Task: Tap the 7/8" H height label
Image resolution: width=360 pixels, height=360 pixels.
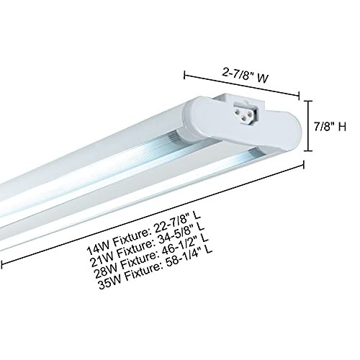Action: pyautogui.click(x=333, y=127)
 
